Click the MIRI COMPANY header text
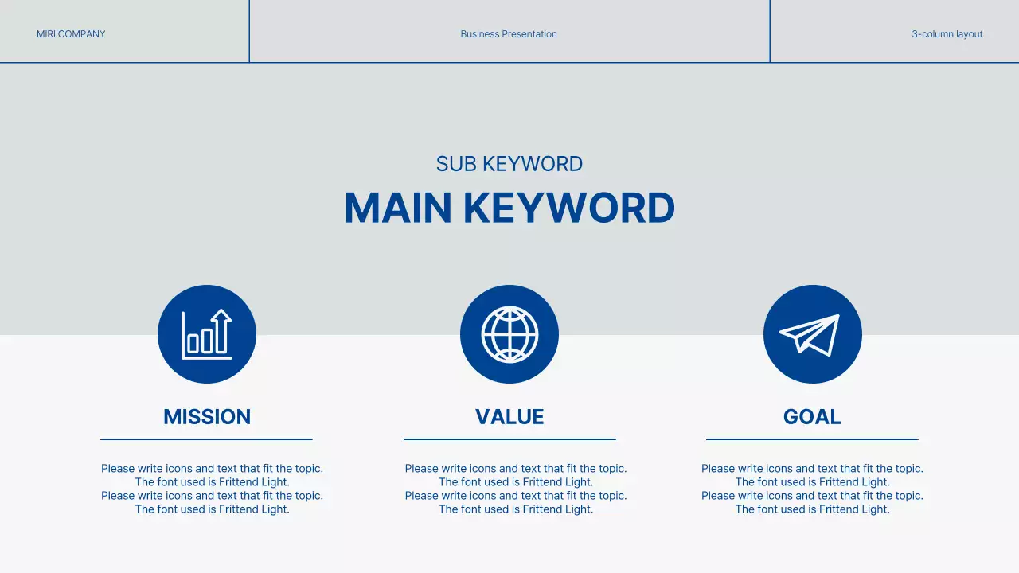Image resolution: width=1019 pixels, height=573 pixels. tap(71, 34)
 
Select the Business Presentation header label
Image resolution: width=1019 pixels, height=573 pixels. tap(509, 34)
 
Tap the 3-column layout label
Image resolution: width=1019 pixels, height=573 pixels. tap(947, 34)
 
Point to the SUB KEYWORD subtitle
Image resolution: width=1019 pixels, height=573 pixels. tap(509, 164)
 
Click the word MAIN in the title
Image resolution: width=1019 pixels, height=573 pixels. tap(398, 208)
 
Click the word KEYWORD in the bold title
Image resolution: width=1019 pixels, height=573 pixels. tap(569, 208)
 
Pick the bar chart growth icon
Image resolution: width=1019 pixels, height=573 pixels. tap(207, 334)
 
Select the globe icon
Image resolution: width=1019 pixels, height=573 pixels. tap(509, 334)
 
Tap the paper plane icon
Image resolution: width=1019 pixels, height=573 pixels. tap(812, 334)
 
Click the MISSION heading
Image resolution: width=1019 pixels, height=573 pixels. tap(207, 417)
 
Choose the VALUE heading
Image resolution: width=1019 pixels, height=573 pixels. tap(509, 417)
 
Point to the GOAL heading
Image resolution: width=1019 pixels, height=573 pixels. tap(812, 417)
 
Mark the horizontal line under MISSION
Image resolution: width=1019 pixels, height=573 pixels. tap(206, 439)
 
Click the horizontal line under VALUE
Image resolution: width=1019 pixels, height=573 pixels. tap(509, 439)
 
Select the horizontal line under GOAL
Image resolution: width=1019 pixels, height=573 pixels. tap(812, 439)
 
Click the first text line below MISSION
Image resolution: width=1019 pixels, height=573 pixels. tap(212, 469)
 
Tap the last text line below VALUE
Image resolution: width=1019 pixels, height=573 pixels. tap(516, 509)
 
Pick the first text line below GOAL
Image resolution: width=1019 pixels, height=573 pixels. tap(812, 469)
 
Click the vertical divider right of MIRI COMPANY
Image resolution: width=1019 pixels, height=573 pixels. tap(249, 31)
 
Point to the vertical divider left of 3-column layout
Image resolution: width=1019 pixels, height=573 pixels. tap(770, 31)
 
